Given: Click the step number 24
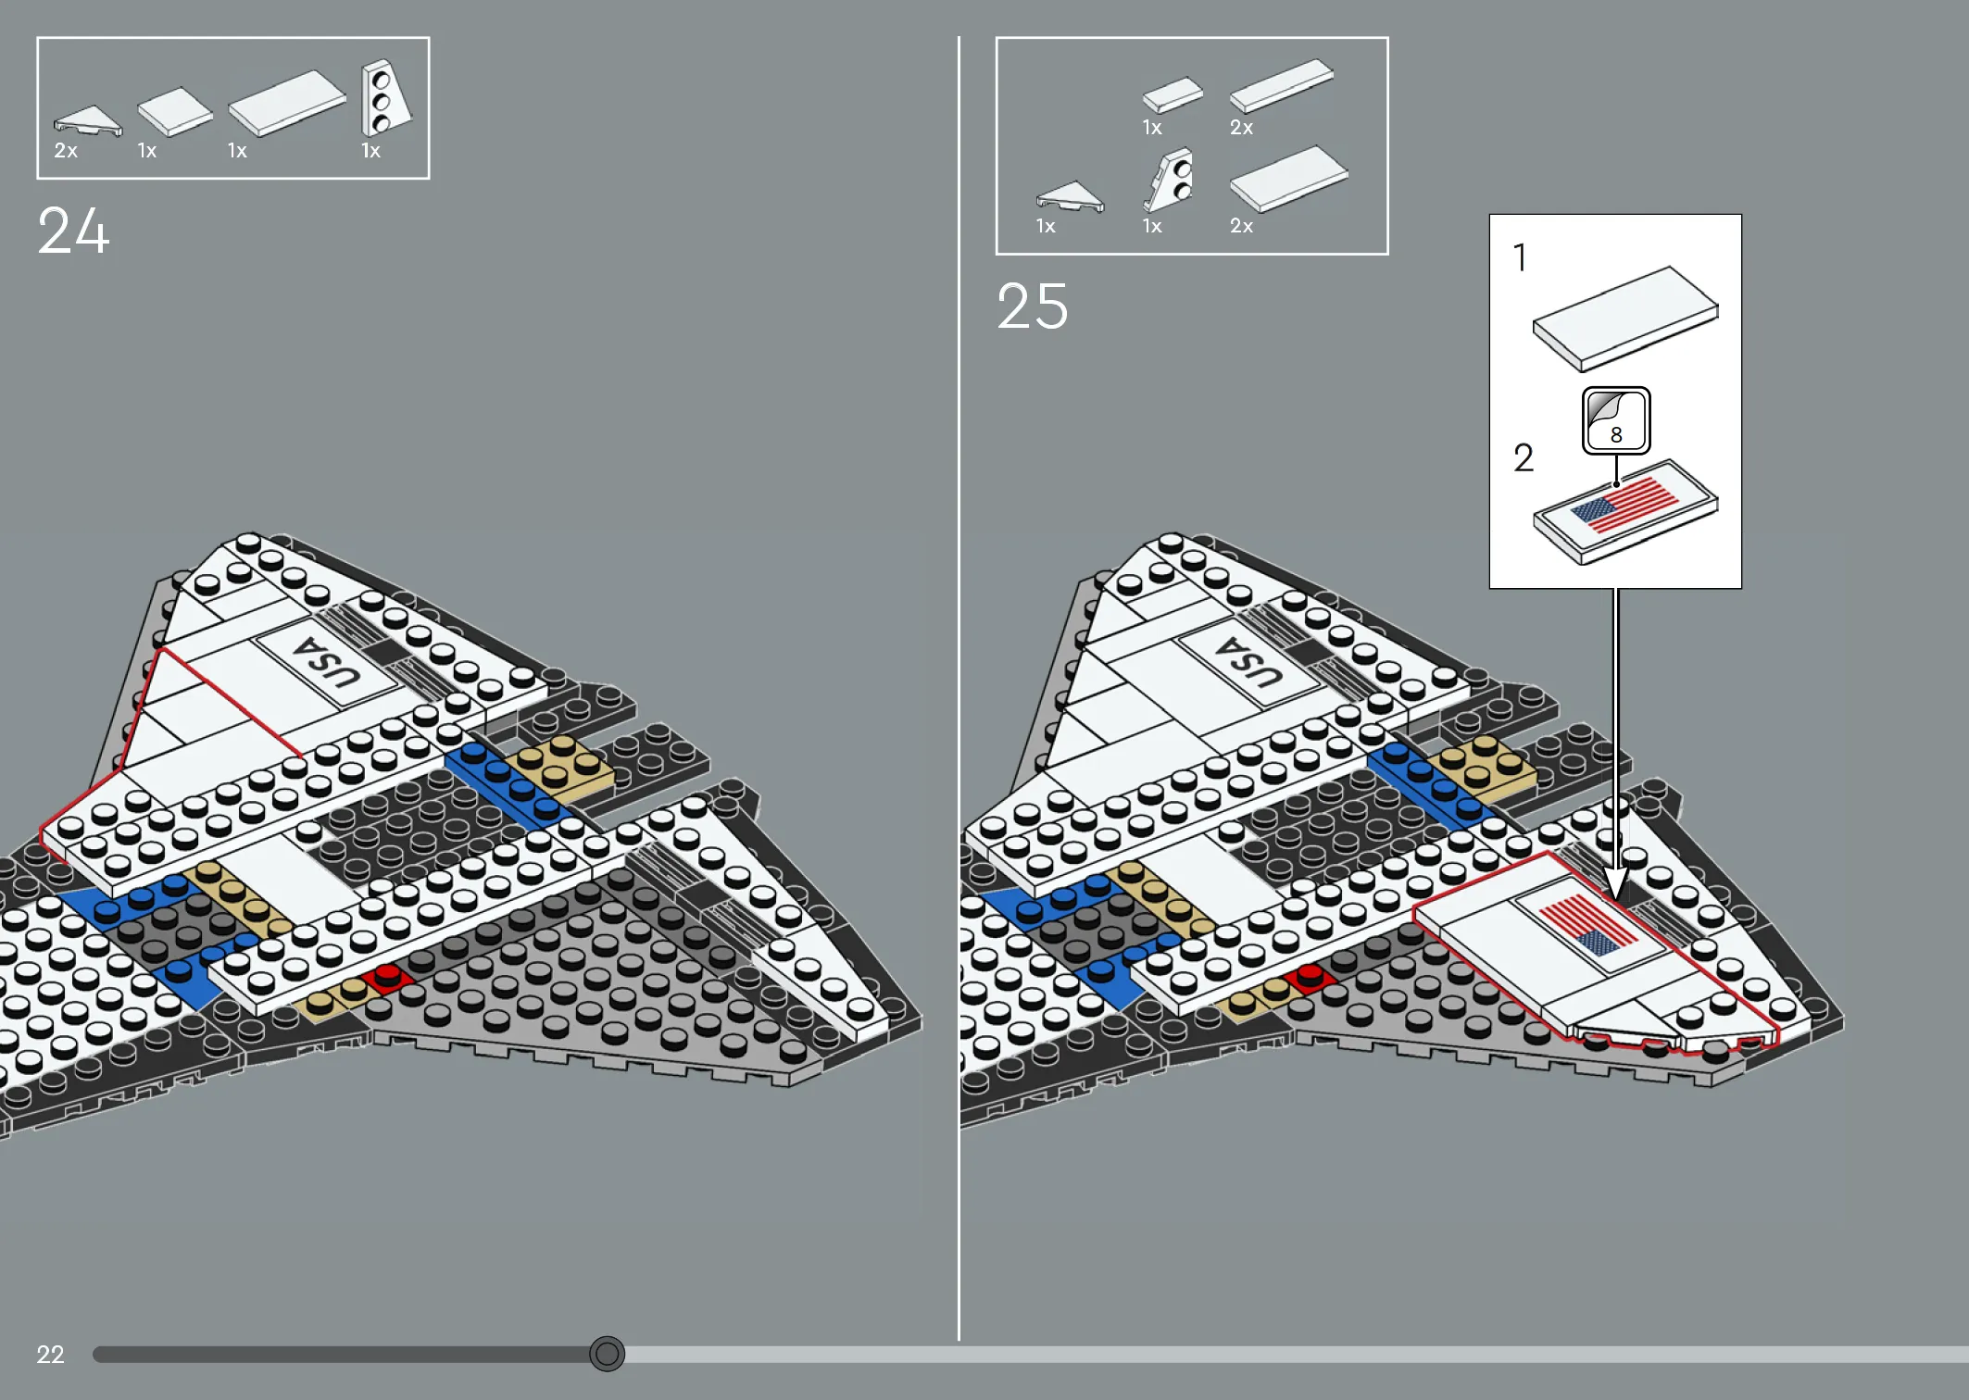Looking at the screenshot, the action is click(x=73, y=231).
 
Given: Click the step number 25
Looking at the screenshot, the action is click(x=1033, y=306).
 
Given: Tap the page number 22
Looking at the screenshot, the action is click(x=50, y=1355).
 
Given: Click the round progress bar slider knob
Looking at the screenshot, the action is click(x=608, y=1355).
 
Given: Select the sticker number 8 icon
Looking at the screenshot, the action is click(x=1616, y=420).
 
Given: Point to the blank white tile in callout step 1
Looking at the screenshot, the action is click(x=1625, y=319).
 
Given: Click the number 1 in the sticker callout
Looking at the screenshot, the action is click(x=1520, y=257).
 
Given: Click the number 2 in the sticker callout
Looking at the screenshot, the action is click(x=1524, y=457).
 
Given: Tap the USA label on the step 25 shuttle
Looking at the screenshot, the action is click(x=1249, y=662).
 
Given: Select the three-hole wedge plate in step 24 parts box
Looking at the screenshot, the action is click(x=385, y=97).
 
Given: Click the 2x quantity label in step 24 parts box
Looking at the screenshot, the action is click(x=66, y=151).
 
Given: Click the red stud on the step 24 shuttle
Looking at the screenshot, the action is click(x=386, y=975).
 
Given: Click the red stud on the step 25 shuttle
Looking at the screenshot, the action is click(x=1310, y=975).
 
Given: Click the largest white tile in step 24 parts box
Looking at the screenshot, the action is click(x=287, y=103).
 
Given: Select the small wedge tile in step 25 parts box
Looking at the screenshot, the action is click(x=1070, y=196).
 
